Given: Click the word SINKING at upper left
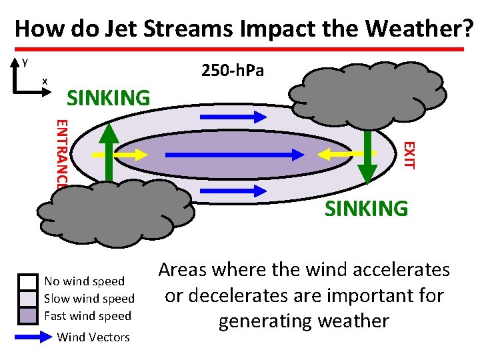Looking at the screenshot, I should coord(109,98).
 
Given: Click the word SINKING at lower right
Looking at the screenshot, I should coord(366,209).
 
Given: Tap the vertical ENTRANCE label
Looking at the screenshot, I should coord(61,153).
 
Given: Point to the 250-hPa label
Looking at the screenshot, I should coord(233,70).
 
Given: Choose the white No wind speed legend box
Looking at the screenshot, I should coord(29,281).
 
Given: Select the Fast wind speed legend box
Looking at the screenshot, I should coord(29,315).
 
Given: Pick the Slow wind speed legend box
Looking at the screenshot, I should coord(29,298).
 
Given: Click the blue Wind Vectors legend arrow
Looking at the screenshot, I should coord(33,337).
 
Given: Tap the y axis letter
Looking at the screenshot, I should coord(25,62).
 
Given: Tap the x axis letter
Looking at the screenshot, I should coord(45,81).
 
